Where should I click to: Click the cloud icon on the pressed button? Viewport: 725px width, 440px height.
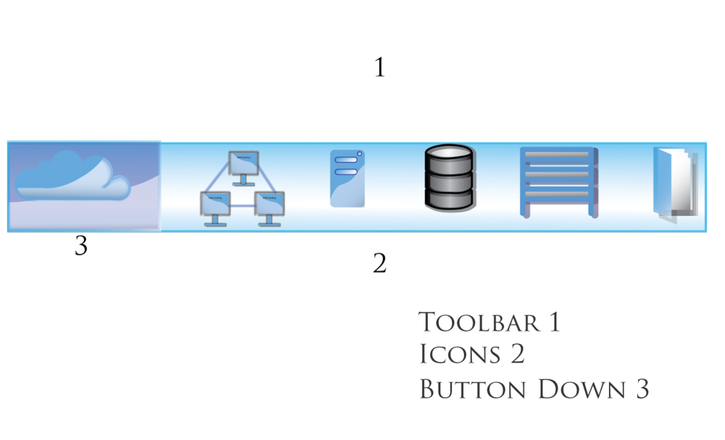(x=72, y=176)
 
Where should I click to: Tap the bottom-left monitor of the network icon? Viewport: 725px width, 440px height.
(x=214, y=205)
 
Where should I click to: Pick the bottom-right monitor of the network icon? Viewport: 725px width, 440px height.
(x=269, y=205)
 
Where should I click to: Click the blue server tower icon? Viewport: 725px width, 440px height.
(x=347, y=179)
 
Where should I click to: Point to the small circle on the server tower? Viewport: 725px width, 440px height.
(x=359, y=154)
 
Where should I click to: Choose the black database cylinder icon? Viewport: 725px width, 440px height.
(x=448, y=178)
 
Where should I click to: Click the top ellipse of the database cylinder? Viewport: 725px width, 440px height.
(x=448, y=154)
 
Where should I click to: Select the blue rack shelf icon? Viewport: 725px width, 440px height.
(x=559, y=181)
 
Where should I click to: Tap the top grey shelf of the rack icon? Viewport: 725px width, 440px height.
(x=558, y=155)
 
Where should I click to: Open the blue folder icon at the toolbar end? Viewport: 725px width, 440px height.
(x=675, y=182)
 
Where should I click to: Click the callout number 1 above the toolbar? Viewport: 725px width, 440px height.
(x=379, y=67)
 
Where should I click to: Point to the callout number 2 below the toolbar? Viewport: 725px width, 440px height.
(x=379, y=264)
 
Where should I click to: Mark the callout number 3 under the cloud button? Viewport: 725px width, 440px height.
(x=81, y=246)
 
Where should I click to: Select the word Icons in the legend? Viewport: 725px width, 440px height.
(x=460, y=354)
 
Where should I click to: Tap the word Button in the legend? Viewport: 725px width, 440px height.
(x=473, y=389)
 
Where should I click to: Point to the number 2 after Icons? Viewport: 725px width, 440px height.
(x=517, y=354)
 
